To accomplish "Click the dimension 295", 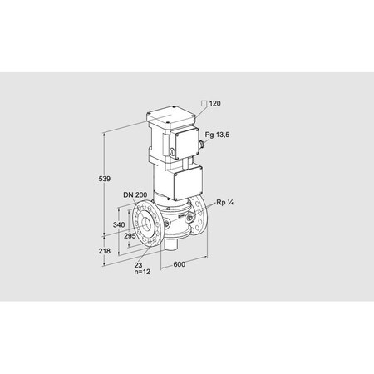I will coord(130,236).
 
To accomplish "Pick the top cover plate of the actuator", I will coord(172,116).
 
